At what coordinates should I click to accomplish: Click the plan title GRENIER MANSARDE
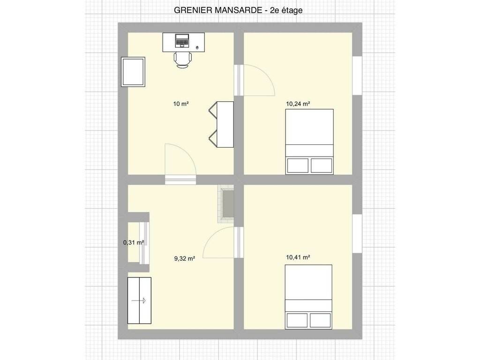pos(218,10)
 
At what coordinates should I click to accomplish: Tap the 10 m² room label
pos(181,104)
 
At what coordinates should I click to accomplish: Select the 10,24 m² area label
pos(298,104)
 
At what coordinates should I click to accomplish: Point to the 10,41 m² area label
pos(298,257)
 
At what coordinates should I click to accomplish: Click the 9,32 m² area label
pos(185,259)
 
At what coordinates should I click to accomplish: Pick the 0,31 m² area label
pos(134,243)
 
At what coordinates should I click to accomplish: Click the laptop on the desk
pos(182,41)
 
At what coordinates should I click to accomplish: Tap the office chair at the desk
pos(183,60)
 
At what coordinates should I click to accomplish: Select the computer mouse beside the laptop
pos(197,47)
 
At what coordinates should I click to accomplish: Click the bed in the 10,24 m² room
pos(309,142)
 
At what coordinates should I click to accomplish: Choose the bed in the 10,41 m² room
pos(308,297)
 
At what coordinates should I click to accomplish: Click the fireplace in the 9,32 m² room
pos(225,204)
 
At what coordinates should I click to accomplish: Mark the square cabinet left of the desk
pos(133,72)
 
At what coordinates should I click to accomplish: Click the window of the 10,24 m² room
pos(357,75)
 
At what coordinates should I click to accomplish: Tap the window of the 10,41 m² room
pos(357,233)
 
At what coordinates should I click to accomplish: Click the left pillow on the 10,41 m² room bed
pos(297,320)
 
